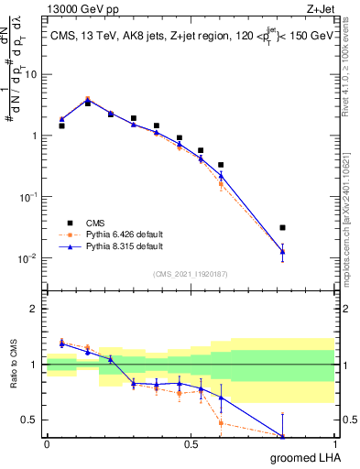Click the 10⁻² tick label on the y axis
click(30, 258)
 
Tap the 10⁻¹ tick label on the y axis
click(30, 197)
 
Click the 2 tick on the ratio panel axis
click(38, 309)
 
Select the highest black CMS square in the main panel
click(88, 103)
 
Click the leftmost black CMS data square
click(61, 125)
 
